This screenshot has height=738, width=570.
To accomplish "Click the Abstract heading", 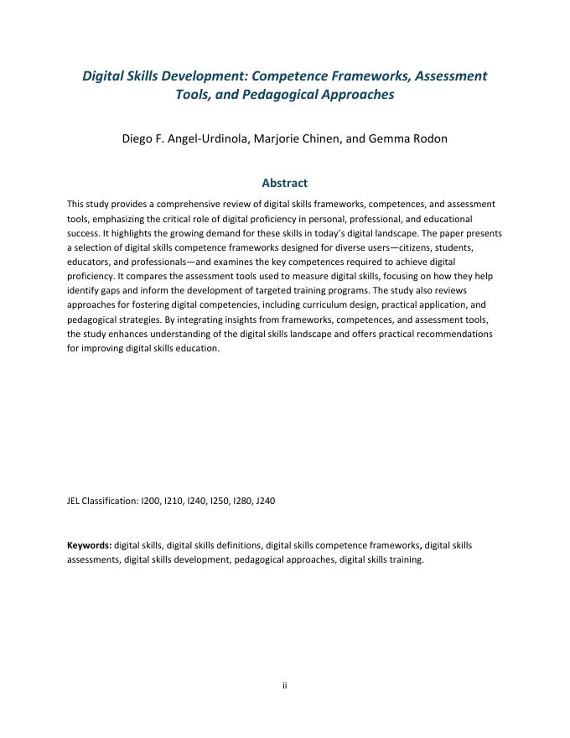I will tap(284, 182).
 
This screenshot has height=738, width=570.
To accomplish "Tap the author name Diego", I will tap(140, 138).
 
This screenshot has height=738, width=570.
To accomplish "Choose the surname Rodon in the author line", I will tap(428, 138).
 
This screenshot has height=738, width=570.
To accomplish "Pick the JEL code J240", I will tap(265, 501).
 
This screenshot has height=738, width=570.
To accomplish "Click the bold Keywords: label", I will tap(89, 545).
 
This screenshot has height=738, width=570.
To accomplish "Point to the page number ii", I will tap(284, 685).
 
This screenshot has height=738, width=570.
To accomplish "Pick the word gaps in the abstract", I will tap(108, 290).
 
